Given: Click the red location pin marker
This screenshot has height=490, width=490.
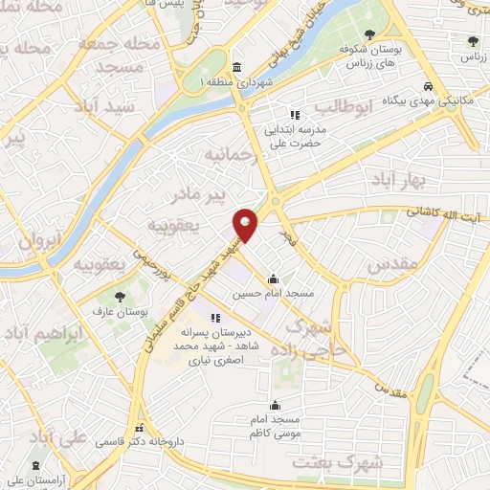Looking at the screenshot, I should pyautogui.click(x=247, y=225).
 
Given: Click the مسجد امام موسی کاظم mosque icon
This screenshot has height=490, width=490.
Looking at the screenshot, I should pyautogui.click(x=276, y=404).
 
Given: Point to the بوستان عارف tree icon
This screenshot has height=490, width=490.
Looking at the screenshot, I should pyautogui.click(x=120, y=299).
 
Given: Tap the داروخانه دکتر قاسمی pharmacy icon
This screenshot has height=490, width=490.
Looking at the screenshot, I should pyautogui.click(x=141, y=428).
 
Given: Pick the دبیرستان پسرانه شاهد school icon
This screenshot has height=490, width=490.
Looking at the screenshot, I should pyautogui.click(x=215, y=318).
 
